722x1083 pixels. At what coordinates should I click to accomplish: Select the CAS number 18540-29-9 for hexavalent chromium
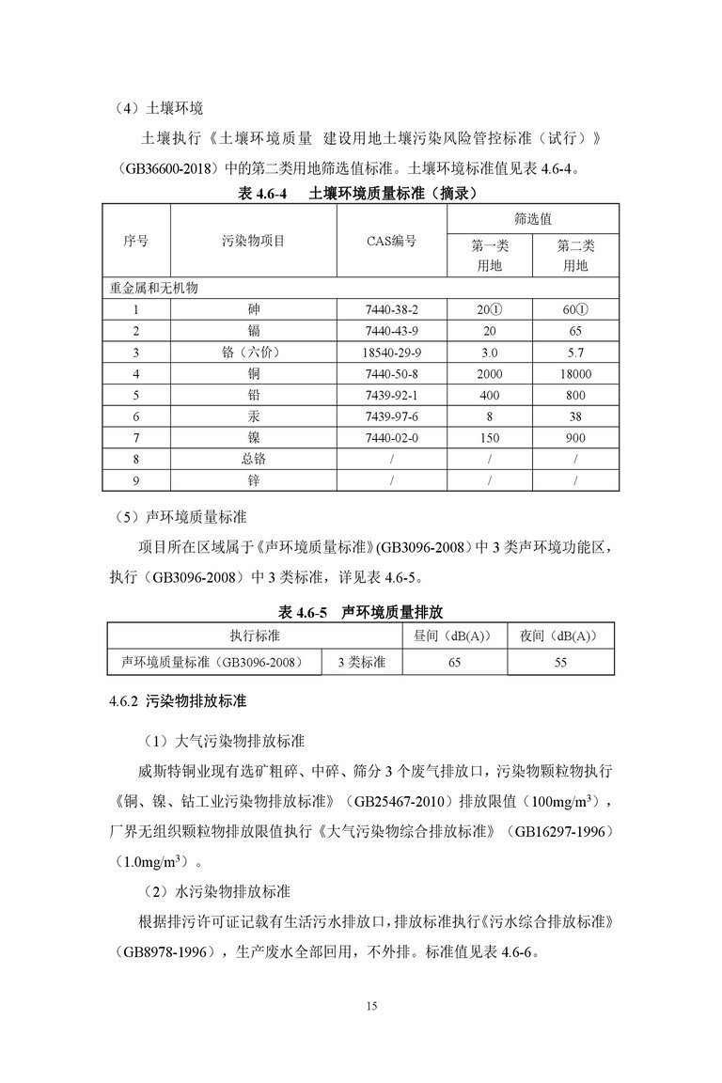coord(391,353)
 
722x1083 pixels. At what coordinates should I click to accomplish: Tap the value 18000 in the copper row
coord(575,374)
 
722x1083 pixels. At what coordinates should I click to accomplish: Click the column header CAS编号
coord(391,242)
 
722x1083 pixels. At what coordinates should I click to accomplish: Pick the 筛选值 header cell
coord(533,218)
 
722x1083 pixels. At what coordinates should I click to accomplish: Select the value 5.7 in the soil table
coord(575,353)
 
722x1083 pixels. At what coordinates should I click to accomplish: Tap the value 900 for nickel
coord(575,438)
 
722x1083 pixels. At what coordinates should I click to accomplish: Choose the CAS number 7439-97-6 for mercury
coord(391,416)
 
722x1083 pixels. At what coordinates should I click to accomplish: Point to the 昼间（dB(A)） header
coord(454,636)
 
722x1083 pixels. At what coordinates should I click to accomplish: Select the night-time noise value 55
coord(560,662)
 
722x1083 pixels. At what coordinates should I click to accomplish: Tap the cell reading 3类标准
coord(361,662)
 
